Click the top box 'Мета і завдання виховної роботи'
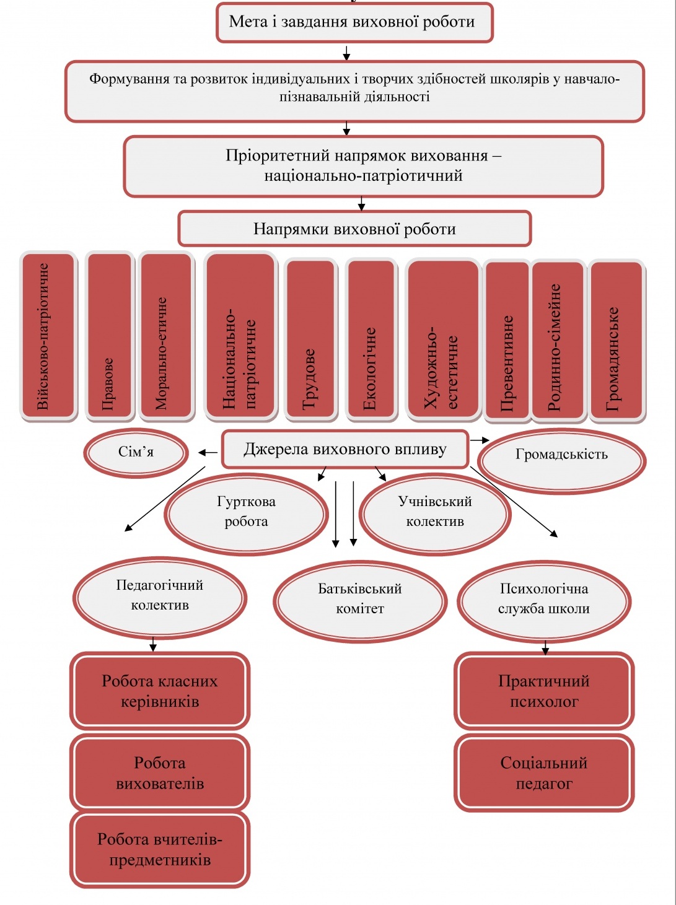[x=354, y=22]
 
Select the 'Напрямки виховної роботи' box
[x=354, y=229]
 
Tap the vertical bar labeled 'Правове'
[x=110, y=336]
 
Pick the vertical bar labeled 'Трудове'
[x=311, y=339]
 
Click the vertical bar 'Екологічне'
[x=371, y=339]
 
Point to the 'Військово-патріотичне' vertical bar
[x=48, y=336]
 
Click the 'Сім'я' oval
[x=136, y=453]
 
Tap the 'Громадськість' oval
[x=562, y=460]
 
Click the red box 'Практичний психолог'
[x=544, y=691]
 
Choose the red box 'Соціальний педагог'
[x=544, y=772]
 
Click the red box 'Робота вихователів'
[x=160, y=772]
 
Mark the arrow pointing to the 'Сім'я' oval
[x=208, y=453]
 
